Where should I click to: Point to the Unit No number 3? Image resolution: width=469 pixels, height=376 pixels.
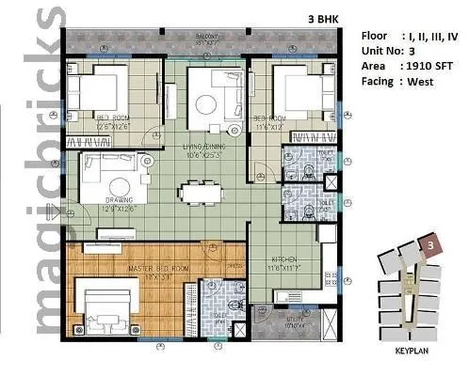click(415, 51)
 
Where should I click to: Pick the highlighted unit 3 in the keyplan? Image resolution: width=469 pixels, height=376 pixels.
click(430, 245)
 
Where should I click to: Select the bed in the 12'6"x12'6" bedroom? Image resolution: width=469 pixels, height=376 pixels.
click(100, 92)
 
